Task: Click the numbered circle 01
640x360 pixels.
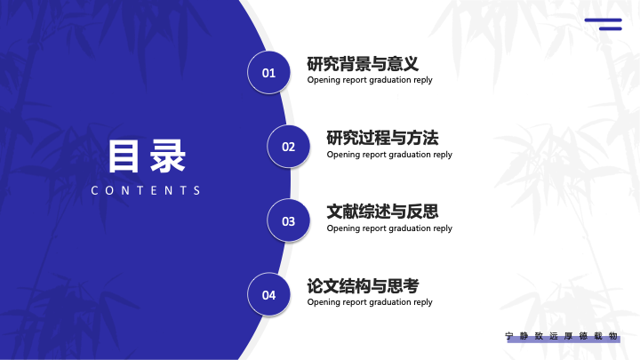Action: tap(268, 73)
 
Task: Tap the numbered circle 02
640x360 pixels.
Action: tap(289, 147)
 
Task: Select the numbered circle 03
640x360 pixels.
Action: tap(289, 220)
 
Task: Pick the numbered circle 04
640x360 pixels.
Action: tap(268, 295)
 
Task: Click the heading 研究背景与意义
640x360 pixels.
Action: tap(363, 64)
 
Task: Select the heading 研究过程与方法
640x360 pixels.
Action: tap(382, 138)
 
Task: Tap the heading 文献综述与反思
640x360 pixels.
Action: tap(382, 212)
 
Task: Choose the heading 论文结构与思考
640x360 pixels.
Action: tap(363, 285)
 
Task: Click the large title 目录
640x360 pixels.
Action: tap(147, 156)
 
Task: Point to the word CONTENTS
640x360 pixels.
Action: tap(146, 190)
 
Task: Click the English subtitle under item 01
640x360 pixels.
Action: tap(370, 80)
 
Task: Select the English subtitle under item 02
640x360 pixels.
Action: tap(389, 155)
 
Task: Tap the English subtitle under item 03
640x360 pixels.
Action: tap(389, 228)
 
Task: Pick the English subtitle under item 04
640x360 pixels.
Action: tap(370, 302)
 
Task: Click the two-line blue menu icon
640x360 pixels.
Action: tap(604, 24)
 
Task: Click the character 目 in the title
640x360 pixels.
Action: tap(124, 156)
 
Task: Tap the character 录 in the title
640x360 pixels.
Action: tap(168, 156)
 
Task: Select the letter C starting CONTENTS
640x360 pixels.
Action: tap(94, 190)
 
